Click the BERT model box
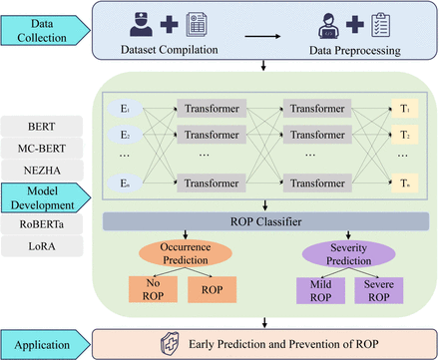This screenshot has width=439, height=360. (x=44, y=128)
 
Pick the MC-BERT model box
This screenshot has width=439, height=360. (x=44, y=152)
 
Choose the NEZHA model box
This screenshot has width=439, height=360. (x=44, y=176)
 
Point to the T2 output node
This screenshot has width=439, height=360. (x=403, y=134)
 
